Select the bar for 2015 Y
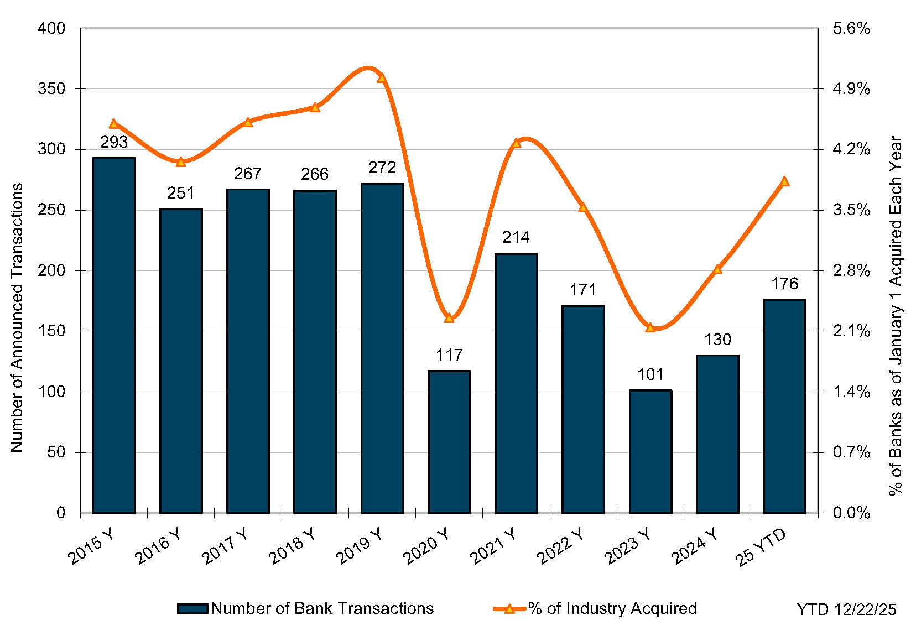[114, 335]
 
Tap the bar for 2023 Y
[650, 451]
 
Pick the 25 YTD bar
[784, 406]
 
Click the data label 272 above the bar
[382, 168]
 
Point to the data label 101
[650, 374]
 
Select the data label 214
[516, 237]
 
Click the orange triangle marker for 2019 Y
[382, 78]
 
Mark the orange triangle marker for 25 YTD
[784, 181]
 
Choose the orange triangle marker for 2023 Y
[650, 327]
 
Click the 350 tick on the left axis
[51, 88]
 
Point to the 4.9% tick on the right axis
[851, 88]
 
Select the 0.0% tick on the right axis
[851, 513]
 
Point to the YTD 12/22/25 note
[846, 609]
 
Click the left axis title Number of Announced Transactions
[17, 317]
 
